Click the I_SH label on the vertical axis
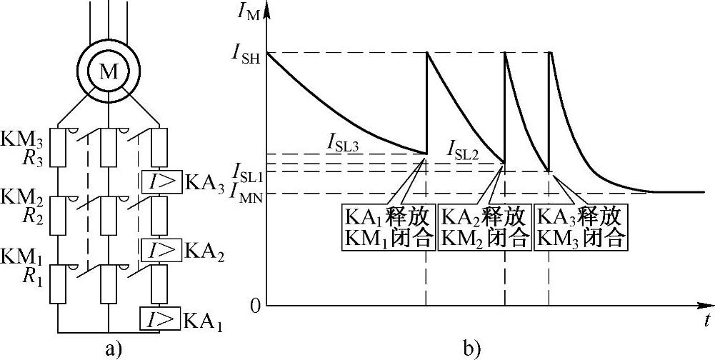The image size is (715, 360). [x=246, y=53]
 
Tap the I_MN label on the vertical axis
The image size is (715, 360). [x=245, y=193]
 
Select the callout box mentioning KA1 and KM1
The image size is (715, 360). [x=388, y=226]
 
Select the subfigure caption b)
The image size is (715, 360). [x=472, y=349]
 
